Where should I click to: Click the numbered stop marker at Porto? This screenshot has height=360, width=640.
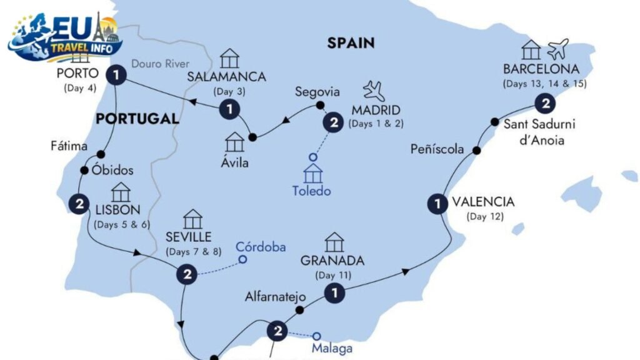117,76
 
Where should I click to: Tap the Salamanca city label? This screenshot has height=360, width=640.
227,77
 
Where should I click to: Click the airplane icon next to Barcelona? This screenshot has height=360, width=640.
557,49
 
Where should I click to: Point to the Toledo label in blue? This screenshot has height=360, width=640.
311,191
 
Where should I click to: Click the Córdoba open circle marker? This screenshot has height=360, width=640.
243,260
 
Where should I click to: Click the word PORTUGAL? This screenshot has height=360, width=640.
136,119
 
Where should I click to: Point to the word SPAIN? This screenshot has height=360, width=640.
351,43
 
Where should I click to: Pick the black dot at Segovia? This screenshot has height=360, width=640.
320,105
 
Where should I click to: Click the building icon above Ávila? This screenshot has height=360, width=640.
234,142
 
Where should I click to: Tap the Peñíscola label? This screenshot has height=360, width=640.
437,149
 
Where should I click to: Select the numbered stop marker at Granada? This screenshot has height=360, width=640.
336,292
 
